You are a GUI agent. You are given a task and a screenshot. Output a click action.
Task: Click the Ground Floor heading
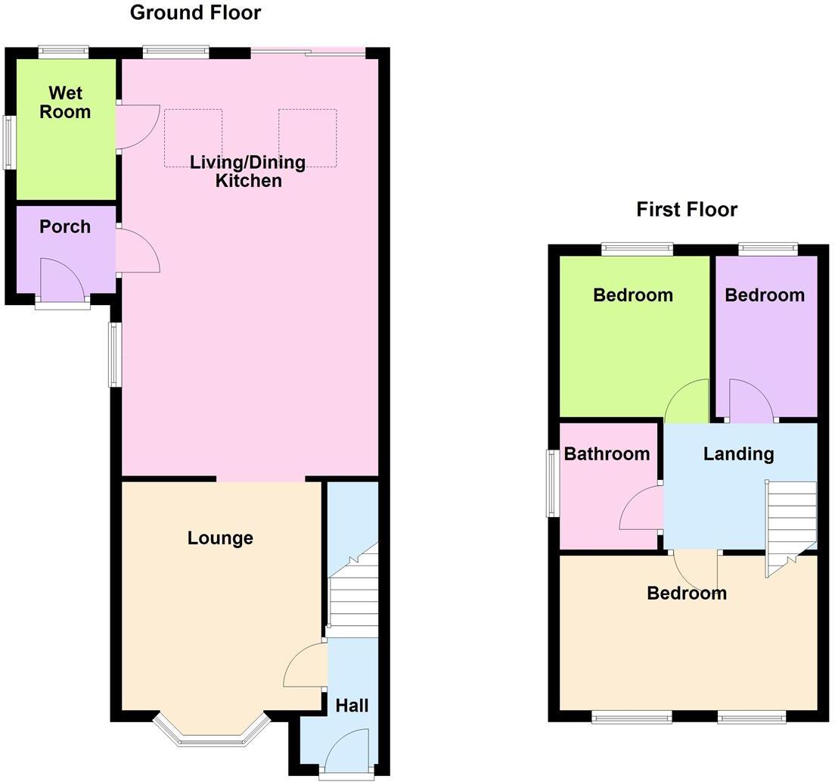coord(195,13)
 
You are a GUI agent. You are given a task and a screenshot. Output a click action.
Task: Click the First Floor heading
coord(686,210)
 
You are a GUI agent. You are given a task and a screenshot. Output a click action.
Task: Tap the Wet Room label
coord(65,103)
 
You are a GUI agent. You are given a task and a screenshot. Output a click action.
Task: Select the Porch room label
coord(65,226)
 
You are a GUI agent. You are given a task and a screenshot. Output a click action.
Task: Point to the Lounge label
coord(220,538)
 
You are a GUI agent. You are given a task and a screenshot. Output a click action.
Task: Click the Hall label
coord(352,706)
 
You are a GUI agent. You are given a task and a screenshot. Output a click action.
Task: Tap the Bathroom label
coord(607,454)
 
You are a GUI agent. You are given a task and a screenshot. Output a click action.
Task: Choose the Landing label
coord(738,454)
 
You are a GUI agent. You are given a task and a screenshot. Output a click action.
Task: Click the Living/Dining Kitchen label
coord(247,171)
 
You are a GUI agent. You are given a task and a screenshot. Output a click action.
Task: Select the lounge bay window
coord(211,733)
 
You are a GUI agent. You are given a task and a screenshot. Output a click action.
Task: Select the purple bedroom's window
coord(768,248)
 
